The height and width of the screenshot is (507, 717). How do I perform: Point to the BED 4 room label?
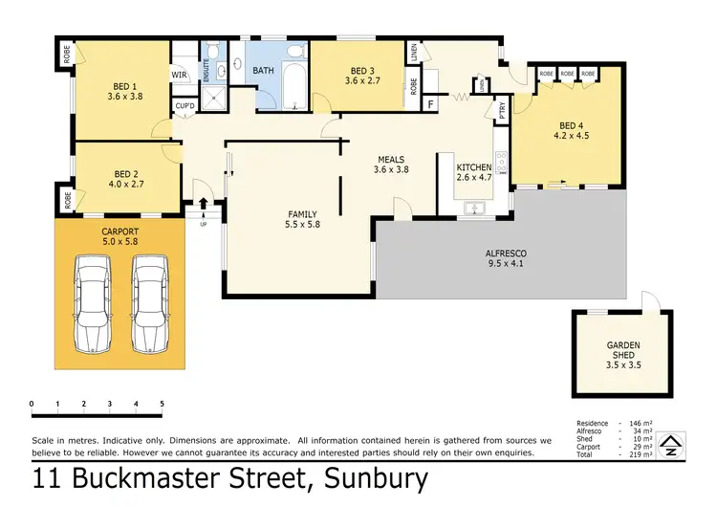tap(570, 130)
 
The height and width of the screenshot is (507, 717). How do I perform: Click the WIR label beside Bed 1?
tap(180, 74)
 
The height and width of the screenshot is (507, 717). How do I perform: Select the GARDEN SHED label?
tap(622, 349)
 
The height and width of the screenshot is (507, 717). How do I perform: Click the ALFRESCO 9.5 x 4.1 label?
tap(506, 258)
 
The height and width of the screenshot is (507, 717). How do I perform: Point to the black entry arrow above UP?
tap(203, 203)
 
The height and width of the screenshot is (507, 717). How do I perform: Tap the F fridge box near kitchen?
tap(430, 103)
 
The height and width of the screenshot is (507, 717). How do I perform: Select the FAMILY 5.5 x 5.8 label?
tap(303, 219)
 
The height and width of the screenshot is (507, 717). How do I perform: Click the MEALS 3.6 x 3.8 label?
tap(390, 165)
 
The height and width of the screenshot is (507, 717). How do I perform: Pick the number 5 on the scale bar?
tap(163, 403)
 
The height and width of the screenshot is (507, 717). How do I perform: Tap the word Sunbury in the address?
tap(377, 479)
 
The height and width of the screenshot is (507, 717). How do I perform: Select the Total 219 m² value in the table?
tap(641, 454)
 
